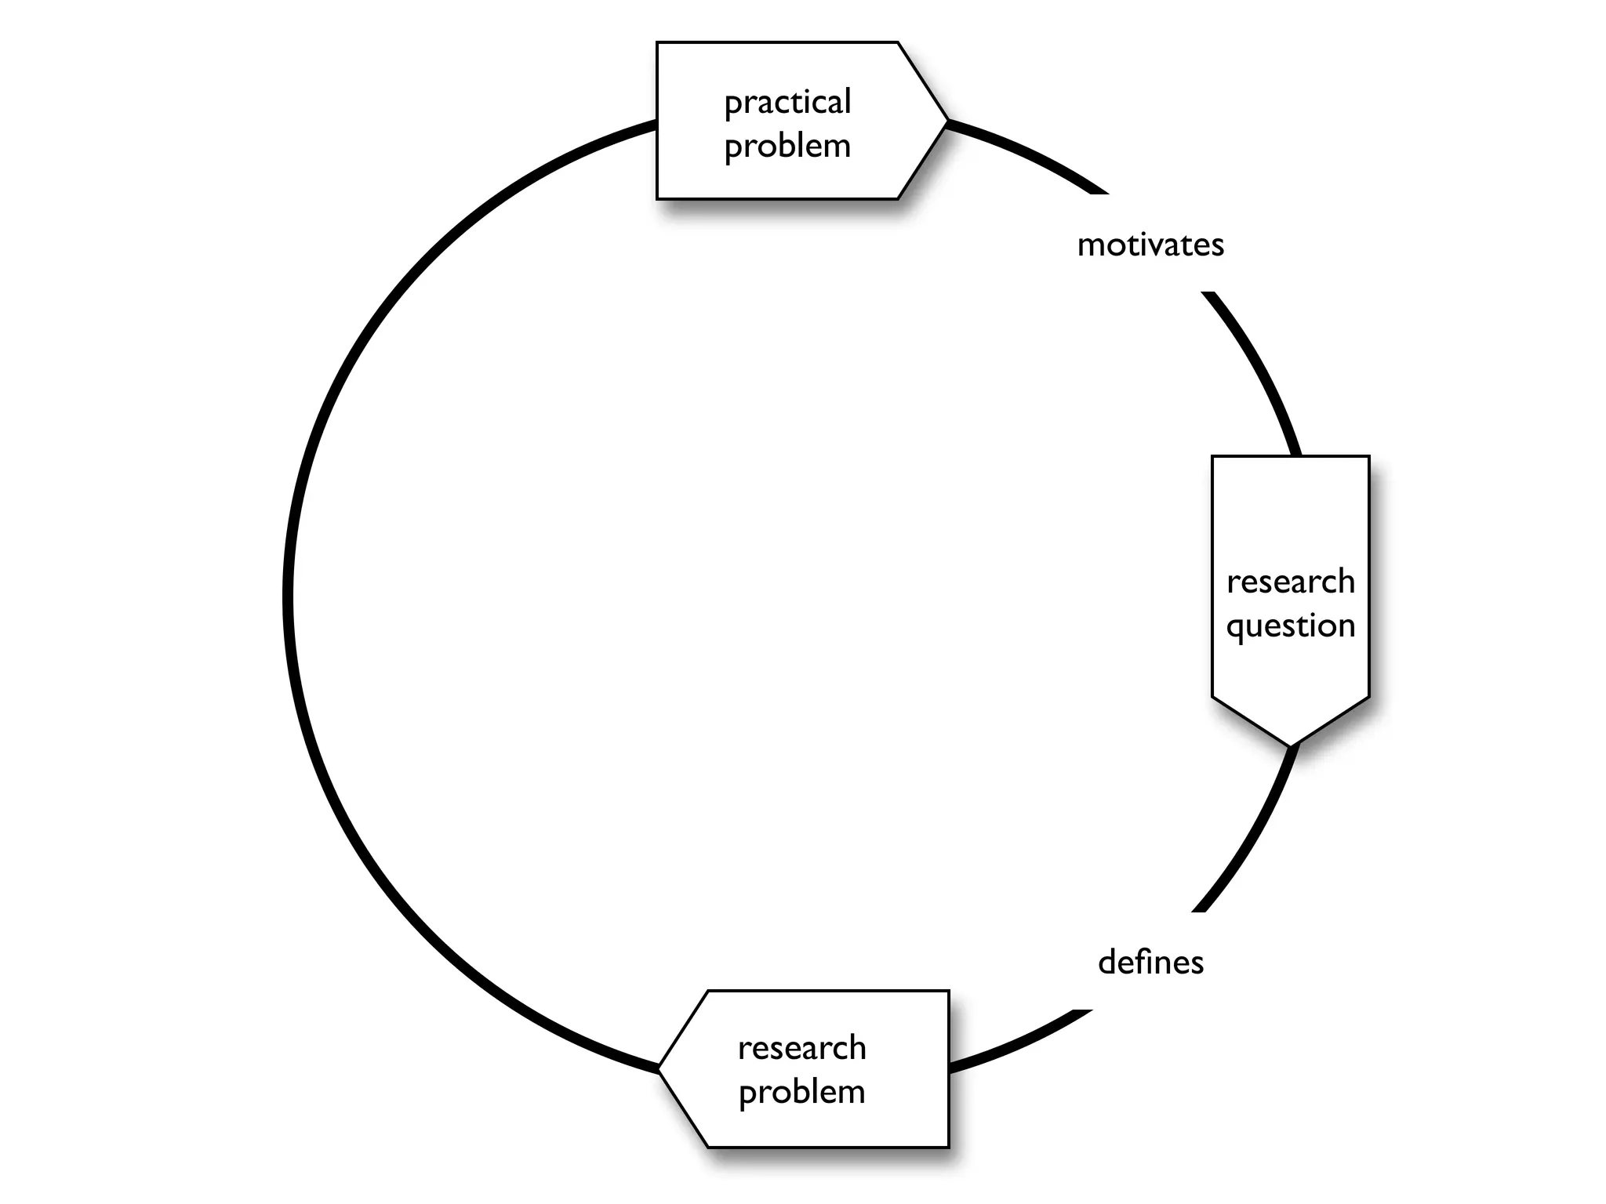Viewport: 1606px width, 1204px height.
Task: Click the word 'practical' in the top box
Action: coord(787,103)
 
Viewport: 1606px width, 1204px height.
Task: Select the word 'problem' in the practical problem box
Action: coord(787,147)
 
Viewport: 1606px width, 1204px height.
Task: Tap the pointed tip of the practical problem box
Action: coord(947,121)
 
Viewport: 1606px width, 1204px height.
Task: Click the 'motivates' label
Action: coord(1150,245)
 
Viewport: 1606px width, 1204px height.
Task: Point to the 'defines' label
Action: coord(1150,963)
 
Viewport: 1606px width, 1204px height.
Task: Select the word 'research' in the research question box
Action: coord(1291,582)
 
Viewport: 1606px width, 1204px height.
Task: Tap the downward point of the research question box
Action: coord(1291,745)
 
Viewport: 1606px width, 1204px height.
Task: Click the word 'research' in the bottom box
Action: coord(801,1048)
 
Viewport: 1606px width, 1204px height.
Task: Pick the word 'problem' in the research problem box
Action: coord(801,1092)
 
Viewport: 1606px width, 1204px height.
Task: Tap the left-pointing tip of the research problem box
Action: coord(659,1068)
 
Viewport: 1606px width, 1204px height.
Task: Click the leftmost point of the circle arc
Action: coord(288,596)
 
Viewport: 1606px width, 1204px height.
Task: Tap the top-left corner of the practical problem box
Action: coord(657,42)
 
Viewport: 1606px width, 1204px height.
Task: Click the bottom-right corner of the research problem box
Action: coord(948,1147)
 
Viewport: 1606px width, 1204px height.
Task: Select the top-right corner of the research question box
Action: coord(1368,456)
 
